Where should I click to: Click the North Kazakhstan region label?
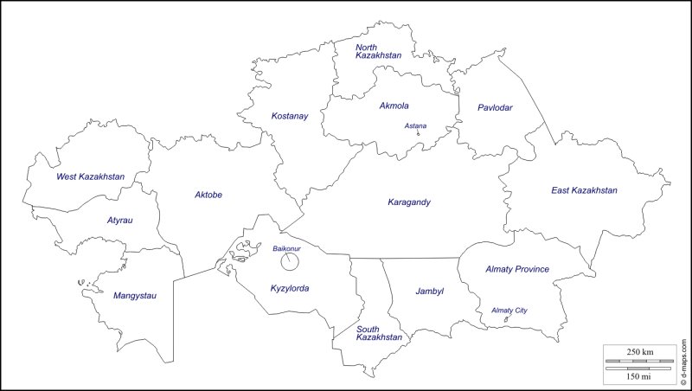click(x=378, y=51)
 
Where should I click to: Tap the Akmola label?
click(x=394, y=106)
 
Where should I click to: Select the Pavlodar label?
click(x=495, y=108)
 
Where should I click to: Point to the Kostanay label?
click(x=289, y=116)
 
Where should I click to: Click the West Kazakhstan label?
click(x=90, y=176)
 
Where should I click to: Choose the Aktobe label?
click(x=208, y=195)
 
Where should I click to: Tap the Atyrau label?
click(x=119, y=221)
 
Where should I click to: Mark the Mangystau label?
click(x=134, y=296)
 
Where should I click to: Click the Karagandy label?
click(x=408, y=202)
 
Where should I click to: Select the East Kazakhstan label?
click(x=584, y=190)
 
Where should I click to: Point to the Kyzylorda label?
click(x=290, y=288)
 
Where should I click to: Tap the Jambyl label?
click(x=429, y=292)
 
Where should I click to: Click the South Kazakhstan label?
click(x=380, y=332)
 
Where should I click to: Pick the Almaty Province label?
click(x=517, y=269)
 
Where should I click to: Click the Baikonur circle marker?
click(x=291, y=261)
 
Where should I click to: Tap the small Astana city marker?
click(x=419, y=133)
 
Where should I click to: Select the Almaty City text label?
click(x=509, y=311)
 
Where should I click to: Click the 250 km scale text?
click(x=640, y=350)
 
